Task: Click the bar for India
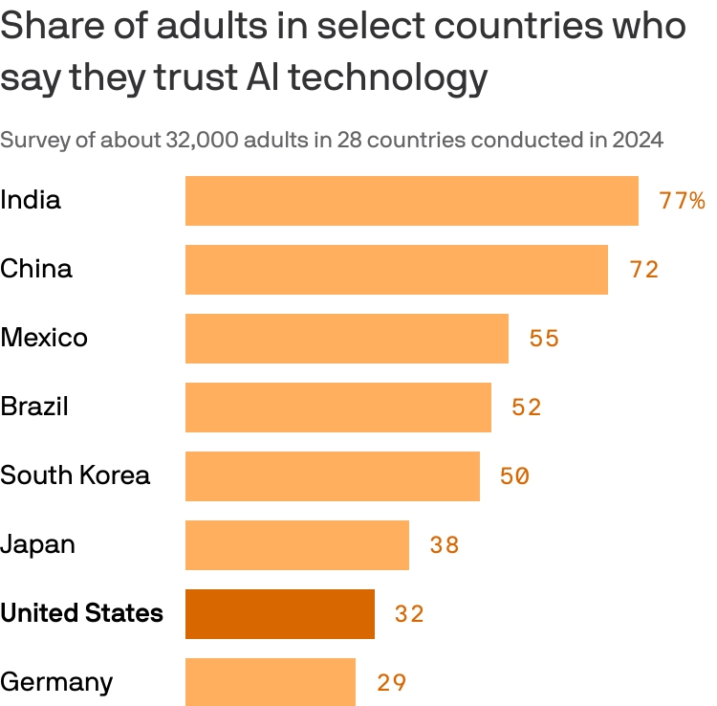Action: (411, 201)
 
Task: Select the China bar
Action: (396, 270)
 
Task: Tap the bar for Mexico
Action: (346, 339)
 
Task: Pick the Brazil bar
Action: (337, 408)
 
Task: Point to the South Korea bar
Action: (332, 476)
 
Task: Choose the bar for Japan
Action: (296, 545)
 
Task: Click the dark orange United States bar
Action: (279, 614)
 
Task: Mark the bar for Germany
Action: (270, 681)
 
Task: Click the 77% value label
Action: (682, 201)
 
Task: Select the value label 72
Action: (644, 270)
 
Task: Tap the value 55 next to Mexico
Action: (544, 339)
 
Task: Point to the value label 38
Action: (445, 545)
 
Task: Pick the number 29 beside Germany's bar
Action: (391, 683)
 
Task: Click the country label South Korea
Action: (76, 475)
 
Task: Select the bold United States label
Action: (81, 613)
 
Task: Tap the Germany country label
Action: (56, 683)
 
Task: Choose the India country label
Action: (31, 200)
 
